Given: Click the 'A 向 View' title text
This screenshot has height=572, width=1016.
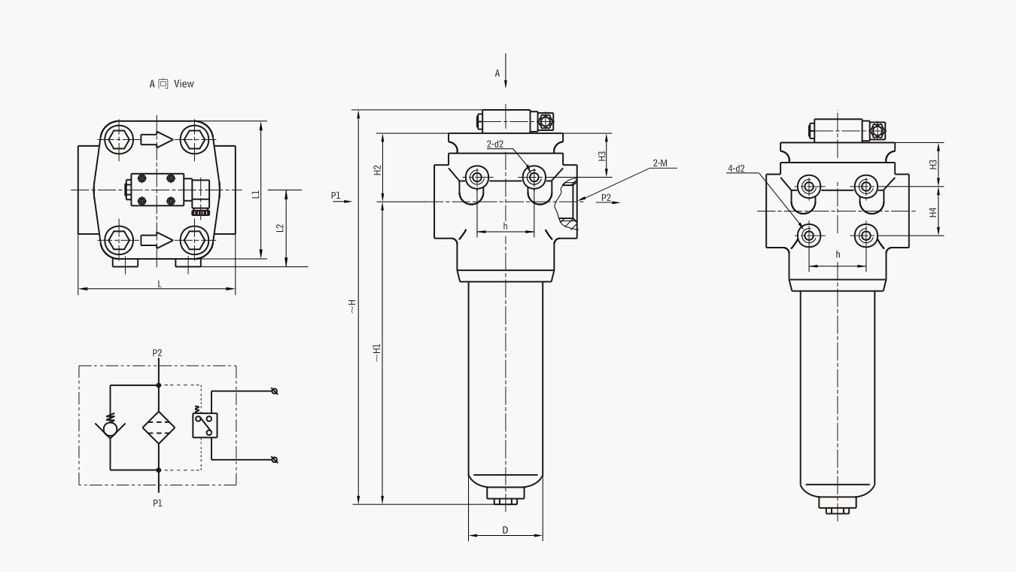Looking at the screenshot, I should (x=172, y=84).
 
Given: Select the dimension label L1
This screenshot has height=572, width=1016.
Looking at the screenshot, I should (x=256, y=194).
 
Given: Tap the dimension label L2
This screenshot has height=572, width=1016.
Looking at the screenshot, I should (x=280, y=227).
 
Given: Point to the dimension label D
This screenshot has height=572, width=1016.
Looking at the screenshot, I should (x=505, y=531).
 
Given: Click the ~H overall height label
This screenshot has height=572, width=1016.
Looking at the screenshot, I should (x=351, y=306).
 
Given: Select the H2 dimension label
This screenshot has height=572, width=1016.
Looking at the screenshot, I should (x=378, y=170).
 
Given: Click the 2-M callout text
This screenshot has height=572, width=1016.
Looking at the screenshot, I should (x=660, y=163).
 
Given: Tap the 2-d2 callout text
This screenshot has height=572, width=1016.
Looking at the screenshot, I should (x=494, y=144).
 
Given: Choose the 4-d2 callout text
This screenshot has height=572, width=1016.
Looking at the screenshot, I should (x=735, y=169).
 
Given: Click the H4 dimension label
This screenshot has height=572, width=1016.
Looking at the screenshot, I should (x=933, y=212).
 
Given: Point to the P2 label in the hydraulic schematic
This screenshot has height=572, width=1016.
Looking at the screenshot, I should (x=157, y=352).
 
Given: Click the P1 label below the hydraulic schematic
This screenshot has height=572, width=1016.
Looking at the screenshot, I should (x=157, y=503).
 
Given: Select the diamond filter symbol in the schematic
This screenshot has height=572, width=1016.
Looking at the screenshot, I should (x=158, y=427).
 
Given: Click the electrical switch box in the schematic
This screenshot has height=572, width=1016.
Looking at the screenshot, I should (x=205, y=426).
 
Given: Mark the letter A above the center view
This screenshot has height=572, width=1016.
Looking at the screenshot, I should (x=497, y=73).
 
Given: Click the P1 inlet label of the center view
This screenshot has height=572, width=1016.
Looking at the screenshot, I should (x=336, y=196).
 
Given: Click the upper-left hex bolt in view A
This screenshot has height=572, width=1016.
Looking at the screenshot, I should (x=119, y=138).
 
